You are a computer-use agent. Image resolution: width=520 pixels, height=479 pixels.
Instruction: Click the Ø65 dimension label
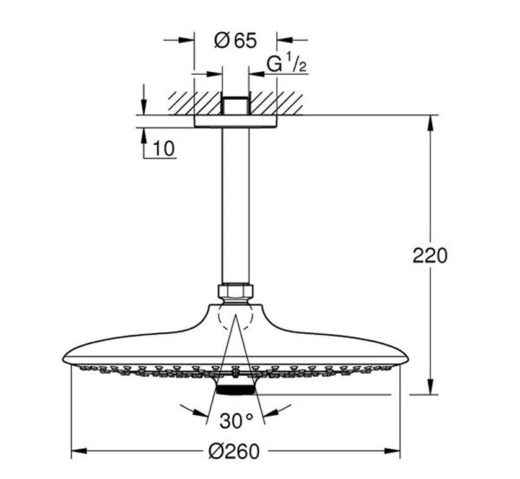tap(236, 41)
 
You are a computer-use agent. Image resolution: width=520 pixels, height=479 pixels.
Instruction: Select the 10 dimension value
tap(164, 148)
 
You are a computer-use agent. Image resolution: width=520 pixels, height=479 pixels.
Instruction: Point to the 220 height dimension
tap(430, 256)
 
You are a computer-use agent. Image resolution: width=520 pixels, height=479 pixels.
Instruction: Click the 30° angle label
tap(236, 421)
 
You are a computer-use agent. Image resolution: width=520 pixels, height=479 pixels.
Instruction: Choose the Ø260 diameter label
tap(234, 451)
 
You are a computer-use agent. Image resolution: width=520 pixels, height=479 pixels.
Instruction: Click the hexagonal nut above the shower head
tap(235, 291)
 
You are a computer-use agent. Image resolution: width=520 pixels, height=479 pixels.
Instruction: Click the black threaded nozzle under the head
tap(235, 390)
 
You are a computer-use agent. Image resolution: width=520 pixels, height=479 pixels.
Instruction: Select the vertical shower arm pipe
tap(235, 206)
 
